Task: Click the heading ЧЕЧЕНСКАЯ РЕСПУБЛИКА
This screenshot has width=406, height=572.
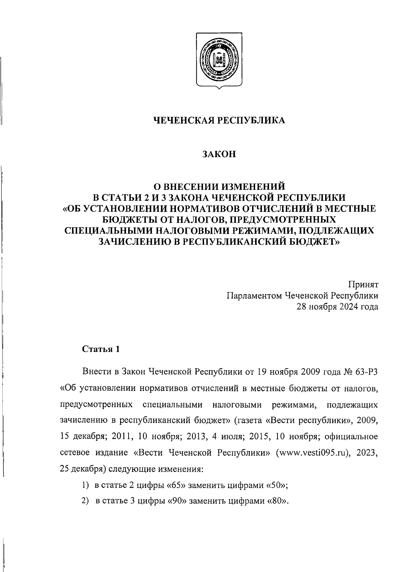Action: (x=219, y=120)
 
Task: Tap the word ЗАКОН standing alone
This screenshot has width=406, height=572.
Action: (x=219, y=154)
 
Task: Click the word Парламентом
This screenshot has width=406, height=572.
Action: (x=254, y=296)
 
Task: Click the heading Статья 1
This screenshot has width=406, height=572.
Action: (x=101, y=349)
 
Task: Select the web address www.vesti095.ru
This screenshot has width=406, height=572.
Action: (x=313, y=453)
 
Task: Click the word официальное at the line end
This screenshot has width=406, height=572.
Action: (x=351, y=437)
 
